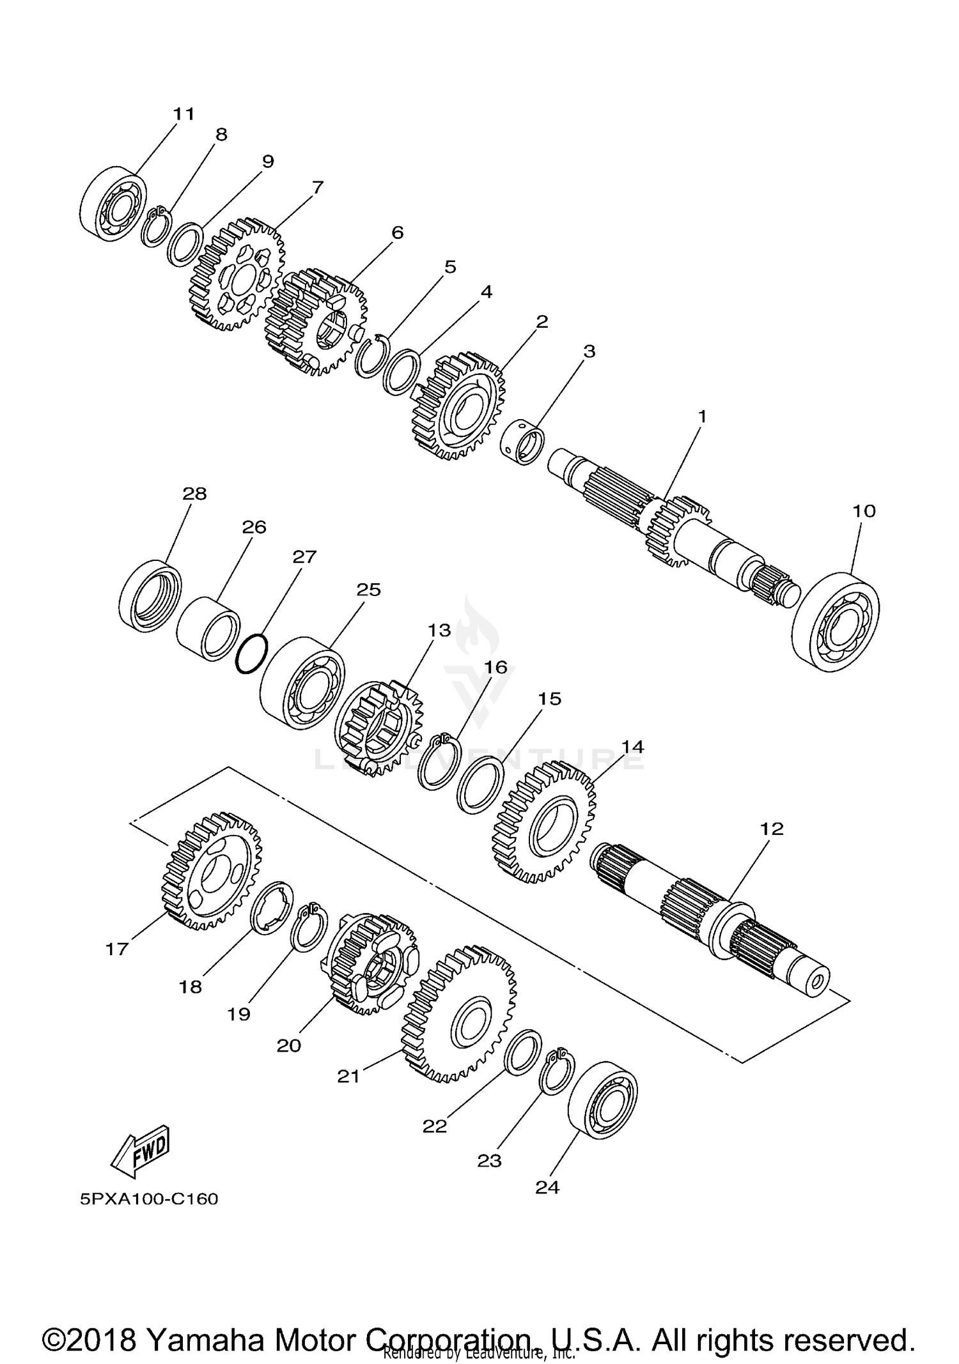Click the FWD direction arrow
point(140,1153)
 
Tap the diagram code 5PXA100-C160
point(149,1199)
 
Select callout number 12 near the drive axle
point(772,829)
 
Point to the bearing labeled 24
point(603,1101)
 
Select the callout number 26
point(254,528)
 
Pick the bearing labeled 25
point(303,682)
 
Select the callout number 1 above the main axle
point(702,417)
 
